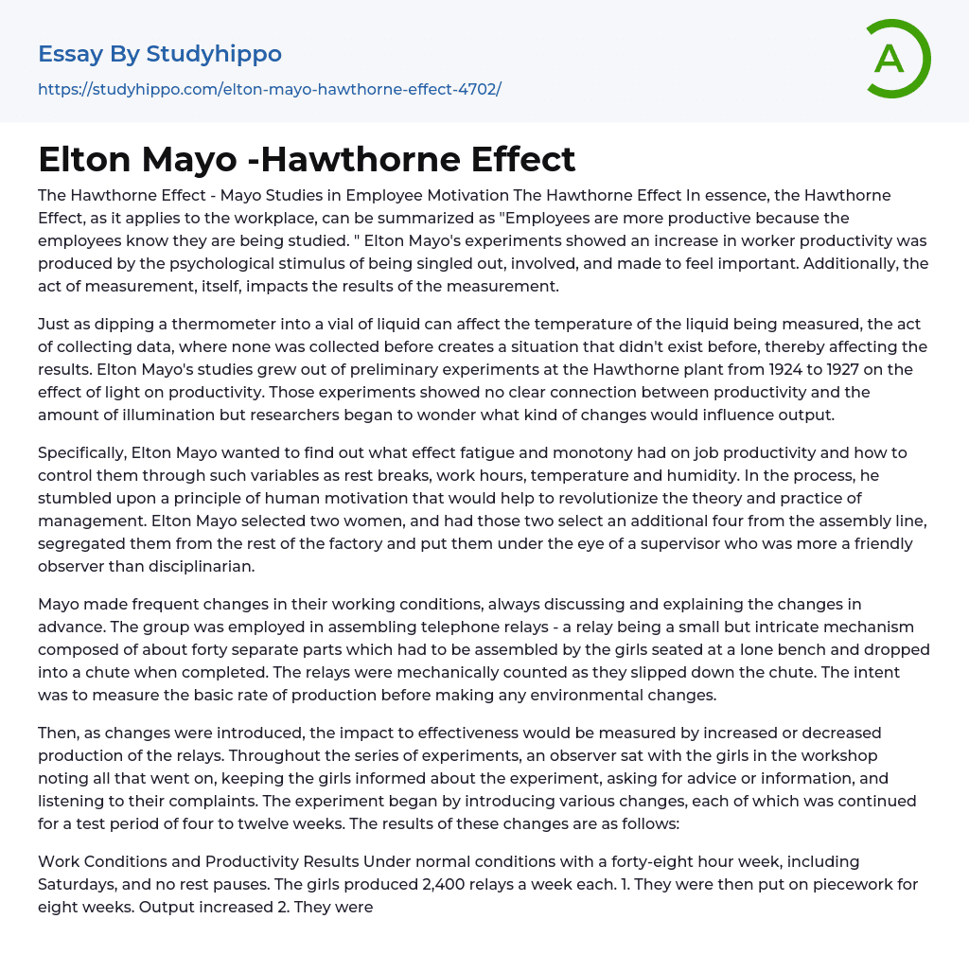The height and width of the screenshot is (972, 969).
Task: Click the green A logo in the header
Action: coord(897,59)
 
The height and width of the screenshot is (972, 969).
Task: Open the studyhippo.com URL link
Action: coord(269,89)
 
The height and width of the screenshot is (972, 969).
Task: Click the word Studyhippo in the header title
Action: coord(214,54)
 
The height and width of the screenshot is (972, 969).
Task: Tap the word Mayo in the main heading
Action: coord(189,159)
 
